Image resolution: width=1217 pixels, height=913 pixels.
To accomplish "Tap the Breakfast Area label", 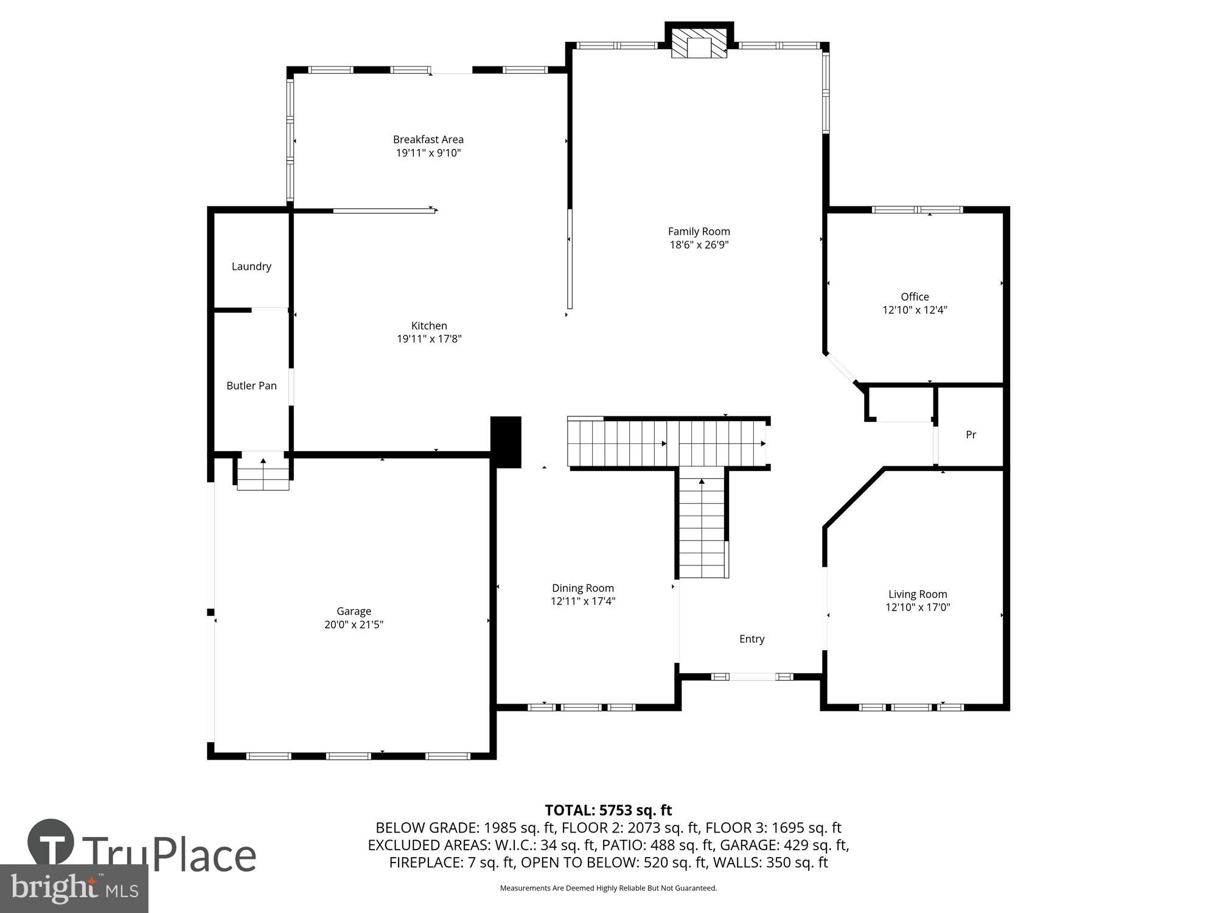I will point(428,139).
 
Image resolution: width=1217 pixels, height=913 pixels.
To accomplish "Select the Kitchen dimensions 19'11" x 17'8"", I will point(429,339).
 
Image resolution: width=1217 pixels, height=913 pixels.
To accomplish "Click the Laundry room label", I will point(251,267).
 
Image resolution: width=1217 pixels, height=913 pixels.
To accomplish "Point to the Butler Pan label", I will point(251,386).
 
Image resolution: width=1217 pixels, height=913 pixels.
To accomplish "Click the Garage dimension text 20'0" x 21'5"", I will point(354,624).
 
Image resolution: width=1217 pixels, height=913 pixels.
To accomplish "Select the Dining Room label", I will point(582,588).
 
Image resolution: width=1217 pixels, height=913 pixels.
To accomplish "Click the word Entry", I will point(751,638).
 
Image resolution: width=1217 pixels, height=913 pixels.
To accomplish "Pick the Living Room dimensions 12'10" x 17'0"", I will point(918,607).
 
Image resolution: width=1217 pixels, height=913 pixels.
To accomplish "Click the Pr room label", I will point(971,435).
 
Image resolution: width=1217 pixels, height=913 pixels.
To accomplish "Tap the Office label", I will point(915,296).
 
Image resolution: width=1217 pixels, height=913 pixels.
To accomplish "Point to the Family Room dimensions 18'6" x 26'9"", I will point(699,245).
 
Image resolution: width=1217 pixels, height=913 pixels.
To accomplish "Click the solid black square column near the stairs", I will point(506,442).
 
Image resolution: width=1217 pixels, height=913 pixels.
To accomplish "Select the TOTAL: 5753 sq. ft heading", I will point(608,810).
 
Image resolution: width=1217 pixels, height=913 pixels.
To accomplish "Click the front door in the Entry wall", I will point(753,676).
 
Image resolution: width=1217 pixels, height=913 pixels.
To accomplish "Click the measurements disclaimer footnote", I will point(608,888).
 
